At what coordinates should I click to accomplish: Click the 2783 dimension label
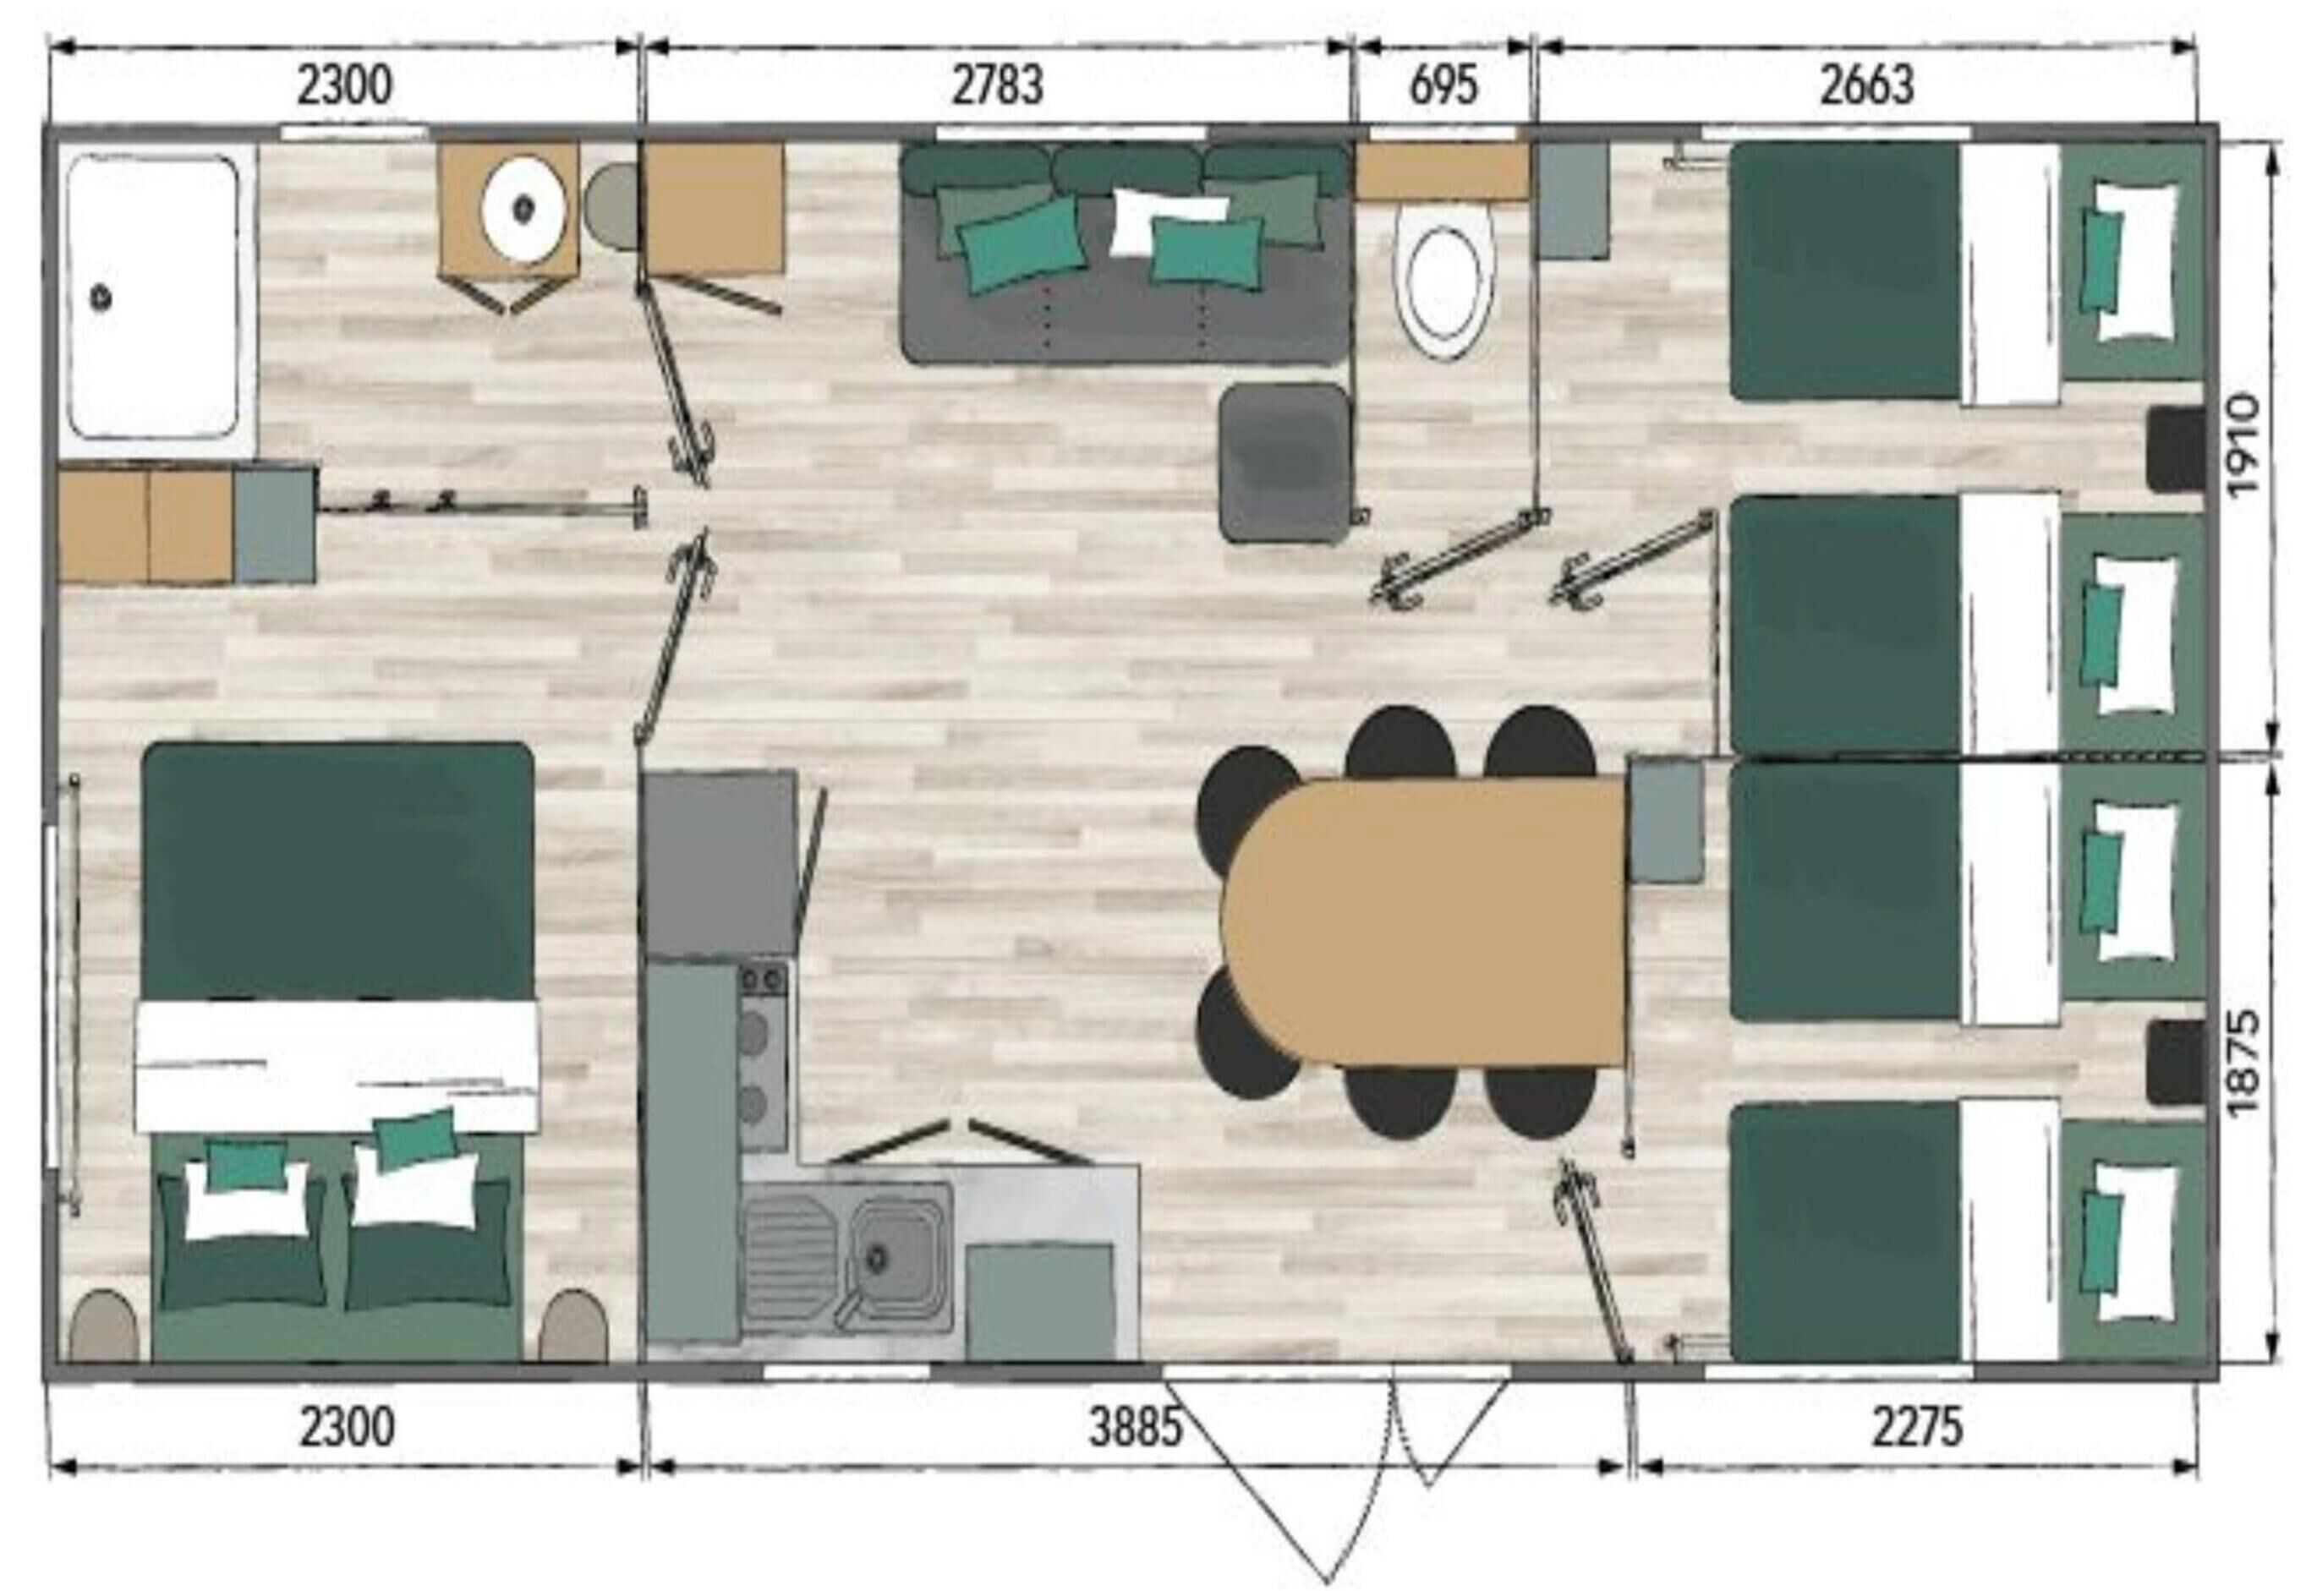point(997,85)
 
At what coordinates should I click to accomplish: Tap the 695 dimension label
point(1443,85)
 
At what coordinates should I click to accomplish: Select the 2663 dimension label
point(1866,85)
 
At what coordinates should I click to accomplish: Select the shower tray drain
point(101,296)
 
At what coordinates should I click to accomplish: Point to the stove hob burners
point(762,1056)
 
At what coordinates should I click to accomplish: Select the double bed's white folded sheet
point(336,1064)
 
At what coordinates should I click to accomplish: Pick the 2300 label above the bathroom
point(345,85)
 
